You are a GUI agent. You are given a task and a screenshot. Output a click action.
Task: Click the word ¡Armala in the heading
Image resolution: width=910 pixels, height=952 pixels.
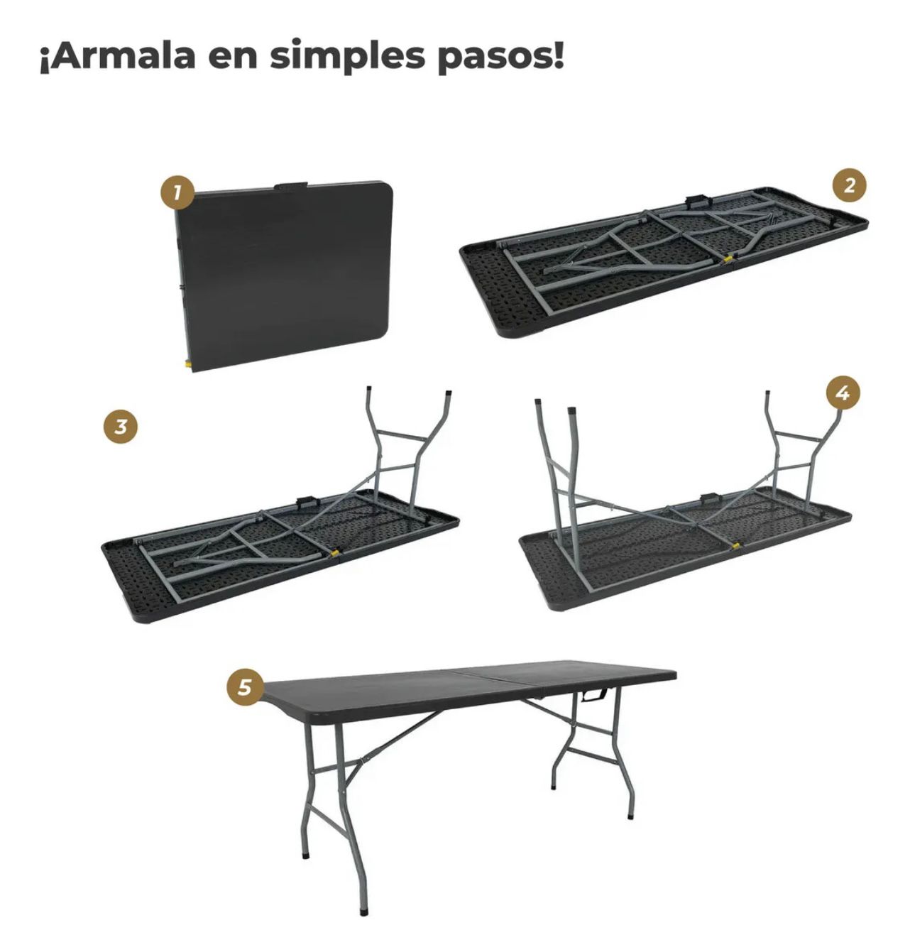tap(117, 56)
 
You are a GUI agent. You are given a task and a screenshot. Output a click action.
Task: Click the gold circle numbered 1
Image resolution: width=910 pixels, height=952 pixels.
tap(177, 192)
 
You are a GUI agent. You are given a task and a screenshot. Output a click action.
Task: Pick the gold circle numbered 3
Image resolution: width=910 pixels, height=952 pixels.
tap(121, 426)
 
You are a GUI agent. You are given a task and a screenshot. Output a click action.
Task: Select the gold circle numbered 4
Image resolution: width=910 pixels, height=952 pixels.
tap(843, 393)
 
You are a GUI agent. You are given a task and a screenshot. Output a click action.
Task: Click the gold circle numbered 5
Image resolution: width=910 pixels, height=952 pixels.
tap(245, 687)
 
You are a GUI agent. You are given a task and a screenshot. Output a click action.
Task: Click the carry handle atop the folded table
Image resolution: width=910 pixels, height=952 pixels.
tap(290, 185)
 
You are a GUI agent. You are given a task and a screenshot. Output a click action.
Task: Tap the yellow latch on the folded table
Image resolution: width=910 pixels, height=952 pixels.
tap(187, 363)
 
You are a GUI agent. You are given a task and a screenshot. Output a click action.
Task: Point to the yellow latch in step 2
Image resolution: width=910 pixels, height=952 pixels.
tap(728, 258)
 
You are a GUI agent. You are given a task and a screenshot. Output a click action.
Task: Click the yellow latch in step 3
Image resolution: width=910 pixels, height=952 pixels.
tap(335, 553)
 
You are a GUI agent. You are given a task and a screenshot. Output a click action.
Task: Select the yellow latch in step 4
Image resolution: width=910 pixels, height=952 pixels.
tap(735, 545)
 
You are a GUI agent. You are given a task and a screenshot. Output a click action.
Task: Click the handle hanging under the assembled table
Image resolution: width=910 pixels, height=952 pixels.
tap(594, 695)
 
